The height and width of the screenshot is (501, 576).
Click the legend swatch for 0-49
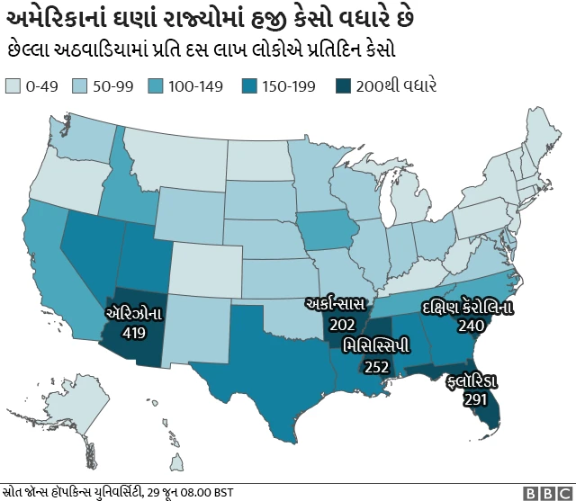click(x=13, y=87)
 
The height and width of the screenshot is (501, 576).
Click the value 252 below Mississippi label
click(x=376, y=366)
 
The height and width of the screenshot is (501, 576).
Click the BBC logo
click(x=546, y=492)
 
